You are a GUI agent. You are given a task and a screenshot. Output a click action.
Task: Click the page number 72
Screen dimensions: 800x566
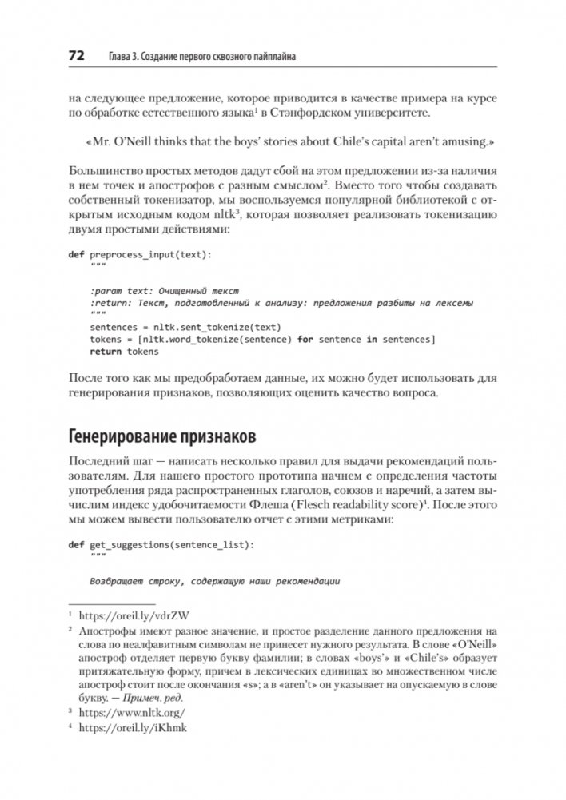[x=77, y=56]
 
